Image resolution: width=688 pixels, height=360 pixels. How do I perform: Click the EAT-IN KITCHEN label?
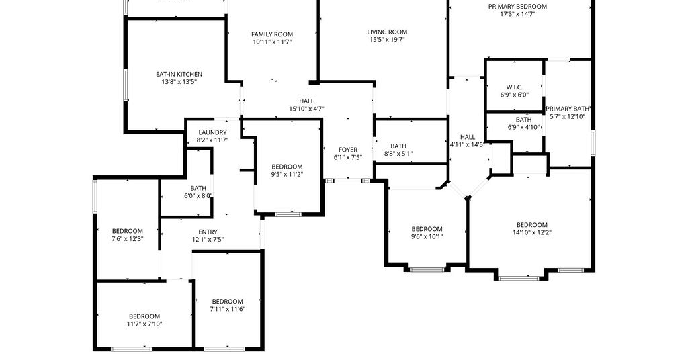tap(179, 74)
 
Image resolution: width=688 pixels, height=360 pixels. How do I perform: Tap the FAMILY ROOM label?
tap(272, 34)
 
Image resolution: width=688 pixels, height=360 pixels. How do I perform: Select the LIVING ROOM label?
tap(387, 32)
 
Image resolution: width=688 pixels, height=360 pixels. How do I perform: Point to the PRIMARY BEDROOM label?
tap(518, 7)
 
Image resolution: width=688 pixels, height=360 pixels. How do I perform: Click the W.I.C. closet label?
tap(514, 87)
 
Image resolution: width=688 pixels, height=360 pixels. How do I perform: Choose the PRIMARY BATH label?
tap(567, 109)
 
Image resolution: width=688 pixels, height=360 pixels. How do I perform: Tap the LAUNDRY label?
tap(213, 132)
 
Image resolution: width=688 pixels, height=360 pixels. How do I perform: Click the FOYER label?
tap(348, 150)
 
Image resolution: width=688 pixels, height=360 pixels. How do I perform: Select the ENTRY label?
tap(208, 232)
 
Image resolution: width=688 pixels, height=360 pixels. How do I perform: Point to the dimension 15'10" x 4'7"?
tap(306, 109)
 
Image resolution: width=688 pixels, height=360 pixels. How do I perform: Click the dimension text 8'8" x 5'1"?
tap(398, 154)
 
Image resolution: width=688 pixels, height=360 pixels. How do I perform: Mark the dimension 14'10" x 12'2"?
tap(532, 233)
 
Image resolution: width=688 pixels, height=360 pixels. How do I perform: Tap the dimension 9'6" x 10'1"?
tap(427, 237)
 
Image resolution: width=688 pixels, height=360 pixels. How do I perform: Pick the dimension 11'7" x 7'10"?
tap(144, 324)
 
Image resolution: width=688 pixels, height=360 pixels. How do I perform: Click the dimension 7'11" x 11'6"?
tap(227, 309)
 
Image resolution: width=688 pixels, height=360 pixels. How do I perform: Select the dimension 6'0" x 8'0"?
tap(198, 196)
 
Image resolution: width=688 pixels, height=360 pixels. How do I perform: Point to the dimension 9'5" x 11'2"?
tap(287, 174)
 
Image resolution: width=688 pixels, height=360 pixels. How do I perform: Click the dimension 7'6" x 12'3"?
tap(128, 239)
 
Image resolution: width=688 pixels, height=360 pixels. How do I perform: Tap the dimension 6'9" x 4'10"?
tap(523, 127)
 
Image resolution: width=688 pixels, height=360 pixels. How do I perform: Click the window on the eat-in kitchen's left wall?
tap(126, 85)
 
